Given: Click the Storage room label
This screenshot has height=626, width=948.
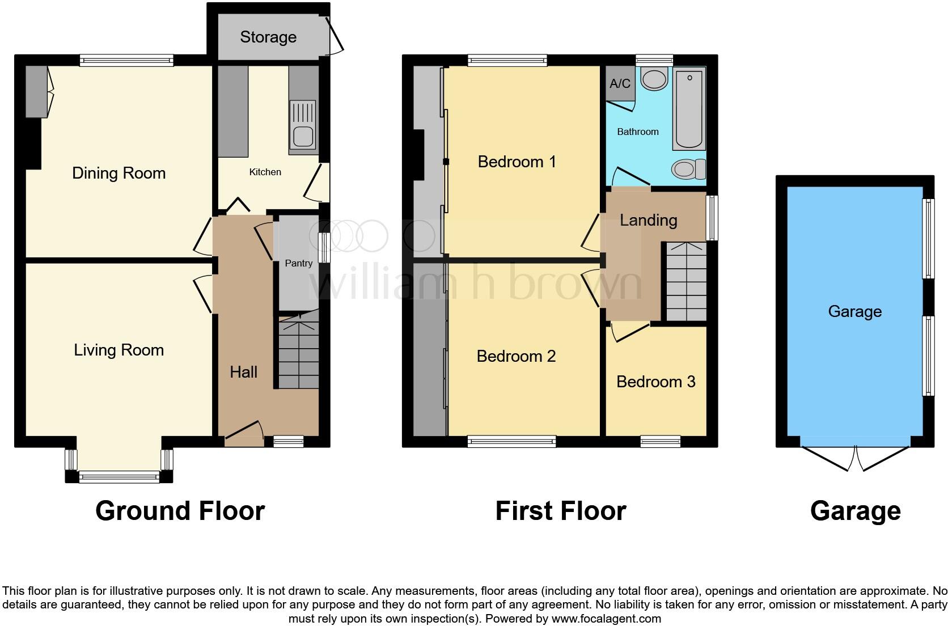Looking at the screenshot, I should coord(268,37).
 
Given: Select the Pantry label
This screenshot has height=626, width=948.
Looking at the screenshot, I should coord(298,263).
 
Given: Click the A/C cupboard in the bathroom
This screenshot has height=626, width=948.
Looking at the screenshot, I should coord(620,84).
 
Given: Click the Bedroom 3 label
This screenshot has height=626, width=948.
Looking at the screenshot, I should coord(655,382).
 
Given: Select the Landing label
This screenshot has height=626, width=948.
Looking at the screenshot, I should coord(648,220).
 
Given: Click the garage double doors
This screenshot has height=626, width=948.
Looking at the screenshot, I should coord(856,458).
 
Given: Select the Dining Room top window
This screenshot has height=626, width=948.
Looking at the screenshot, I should coord(126,60).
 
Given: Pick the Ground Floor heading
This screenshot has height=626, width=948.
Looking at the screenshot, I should coord(180,510).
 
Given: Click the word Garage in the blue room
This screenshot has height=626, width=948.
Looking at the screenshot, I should coord(854,311).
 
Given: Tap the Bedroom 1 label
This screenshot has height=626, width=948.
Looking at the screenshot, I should coord(517,162).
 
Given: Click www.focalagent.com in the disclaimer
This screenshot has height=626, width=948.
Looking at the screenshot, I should coord(606,618).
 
